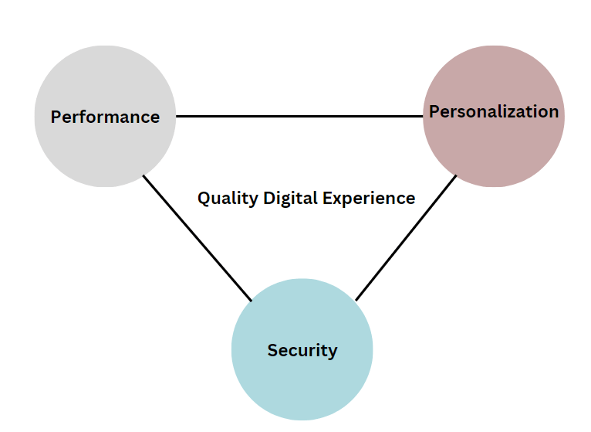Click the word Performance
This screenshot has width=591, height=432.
(x=105, y=117)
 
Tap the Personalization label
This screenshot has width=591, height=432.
(x=494, y=111)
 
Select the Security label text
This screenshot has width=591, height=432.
(x=302, y=350)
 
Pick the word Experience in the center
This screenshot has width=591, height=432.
(x=369, y=199)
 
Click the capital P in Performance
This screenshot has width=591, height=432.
(x=56, y=117)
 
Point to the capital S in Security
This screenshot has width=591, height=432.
(x=272, y=350)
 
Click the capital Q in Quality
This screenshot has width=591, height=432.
(x=204, y=198)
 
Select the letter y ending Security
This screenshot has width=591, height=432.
(x=333, y=352)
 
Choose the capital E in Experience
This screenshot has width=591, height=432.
(x=328, y=198)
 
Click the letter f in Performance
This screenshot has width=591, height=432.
(x=83, y=117)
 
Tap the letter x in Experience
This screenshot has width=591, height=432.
(x=339, y=199)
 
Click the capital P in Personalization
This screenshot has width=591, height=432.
(x=434, y=111)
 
